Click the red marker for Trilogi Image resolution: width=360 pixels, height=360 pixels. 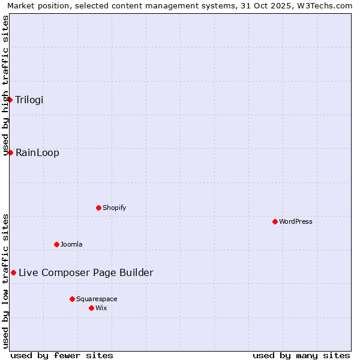10,100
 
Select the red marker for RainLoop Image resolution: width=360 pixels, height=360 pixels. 10,152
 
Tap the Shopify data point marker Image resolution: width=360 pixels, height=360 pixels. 99,208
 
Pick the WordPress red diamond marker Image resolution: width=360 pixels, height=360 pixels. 275,221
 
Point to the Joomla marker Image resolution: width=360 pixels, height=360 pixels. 57,244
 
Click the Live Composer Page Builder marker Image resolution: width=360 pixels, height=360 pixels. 13,272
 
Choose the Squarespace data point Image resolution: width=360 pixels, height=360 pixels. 73,299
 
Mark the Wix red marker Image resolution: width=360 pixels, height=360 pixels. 92,308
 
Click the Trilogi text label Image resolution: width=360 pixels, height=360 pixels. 29,100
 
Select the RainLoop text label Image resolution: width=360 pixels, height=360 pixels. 37,152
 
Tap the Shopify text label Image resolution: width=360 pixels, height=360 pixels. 115,208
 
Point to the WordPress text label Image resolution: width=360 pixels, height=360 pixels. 296,221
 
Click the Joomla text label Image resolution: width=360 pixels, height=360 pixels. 71,244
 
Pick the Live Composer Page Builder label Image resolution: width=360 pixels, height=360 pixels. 86,272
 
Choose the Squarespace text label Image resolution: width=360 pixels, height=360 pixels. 97,299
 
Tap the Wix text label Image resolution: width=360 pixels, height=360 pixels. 101,308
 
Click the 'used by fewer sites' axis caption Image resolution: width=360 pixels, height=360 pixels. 62,355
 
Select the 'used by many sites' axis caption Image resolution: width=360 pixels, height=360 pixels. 301,355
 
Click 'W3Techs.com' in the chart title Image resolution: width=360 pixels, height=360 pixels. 325,6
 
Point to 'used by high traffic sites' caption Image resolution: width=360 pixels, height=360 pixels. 6,84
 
